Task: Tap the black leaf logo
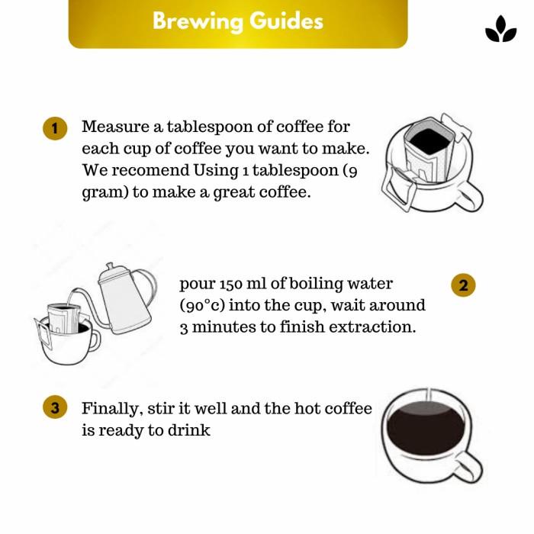pyautogui.click(x=500, y=31)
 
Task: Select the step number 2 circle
pyautogui.click(x=463, y=285)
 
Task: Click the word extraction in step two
pyautogui.click(x=378, y=328)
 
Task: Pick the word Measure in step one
pyautogui.click(x=110, y=127)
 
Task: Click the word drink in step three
pyautogui.click(x=191, y=430)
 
